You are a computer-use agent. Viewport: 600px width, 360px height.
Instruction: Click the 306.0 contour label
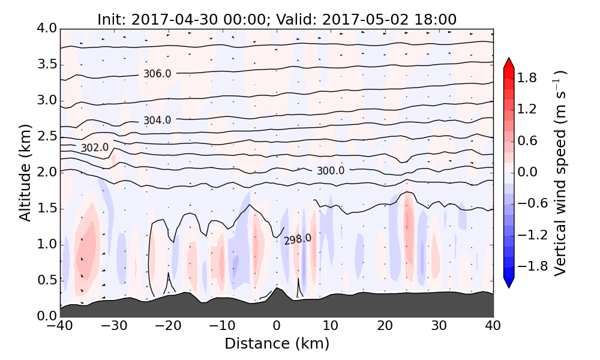157,74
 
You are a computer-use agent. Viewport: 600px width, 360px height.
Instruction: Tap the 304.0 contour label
157,121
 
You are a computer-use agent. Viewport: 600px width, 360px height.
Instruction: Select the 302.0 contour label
95,148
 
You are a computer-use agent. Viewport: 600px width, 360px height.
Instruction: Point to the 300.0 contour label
331,171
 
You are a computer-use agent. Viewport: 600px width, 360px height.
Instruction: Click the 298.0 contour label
298,239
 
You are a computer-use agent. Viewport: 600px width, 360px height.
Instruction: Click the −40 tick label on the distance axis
60,327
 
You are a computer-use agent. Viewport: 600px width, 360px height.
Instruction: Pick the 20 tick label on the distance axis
385,327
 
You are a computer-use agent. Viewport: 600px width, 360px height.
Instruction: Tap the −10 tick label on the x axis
222,327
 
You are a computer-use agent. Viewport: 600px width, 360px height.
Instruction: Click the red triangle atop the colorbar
509,63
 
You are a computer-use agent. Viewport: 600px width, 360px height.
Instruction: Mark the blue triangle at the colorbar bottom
509,283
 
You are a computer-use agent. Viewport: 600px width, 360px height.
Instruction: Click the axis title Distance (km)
277,344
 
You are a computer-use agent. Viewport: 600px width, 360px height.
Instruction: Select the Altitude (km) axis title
25,172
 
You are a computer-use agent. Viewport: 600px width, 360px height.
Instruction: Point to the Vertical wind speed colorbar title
561,172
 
